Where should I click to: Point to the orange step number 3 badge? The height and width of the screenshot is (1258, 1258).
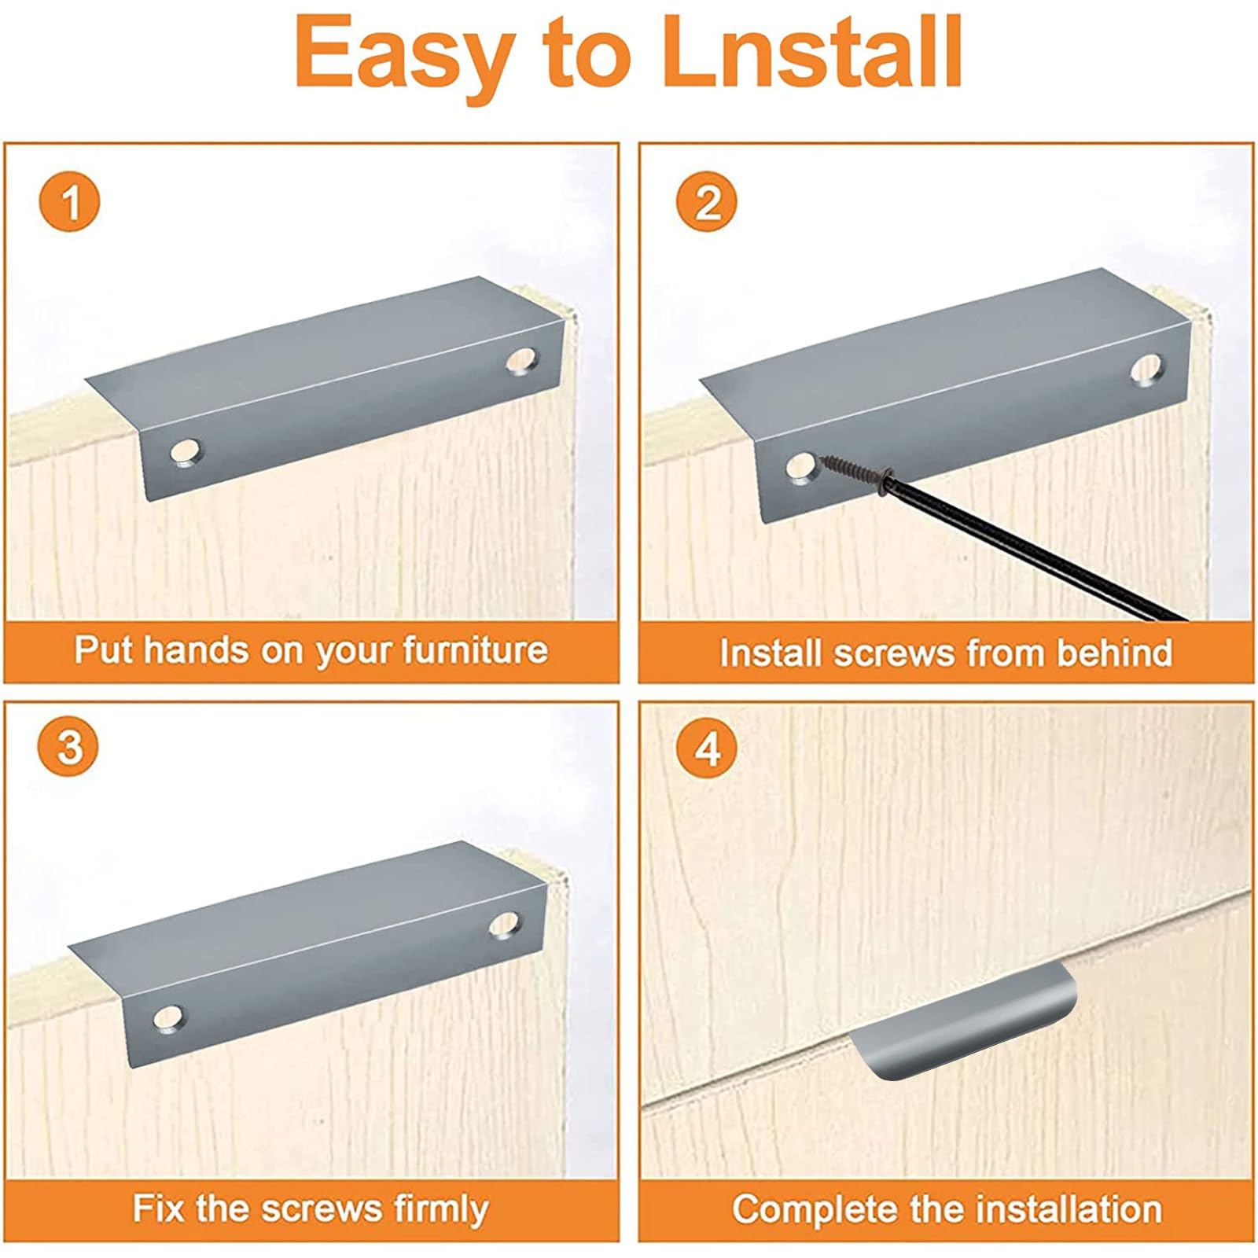tap(70, 746)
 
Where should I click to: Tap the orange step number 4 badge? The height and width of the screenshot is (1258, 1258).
tap(707, 746)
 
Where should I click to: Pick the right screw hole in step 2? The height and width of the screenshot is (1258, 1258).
tap(1146, 370)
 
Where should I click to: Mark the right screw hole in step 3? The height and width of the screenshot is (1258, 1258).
tap(504, 925)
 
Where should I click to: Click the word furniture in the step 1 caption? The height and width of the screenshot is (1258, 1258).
tap(475, 651)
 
